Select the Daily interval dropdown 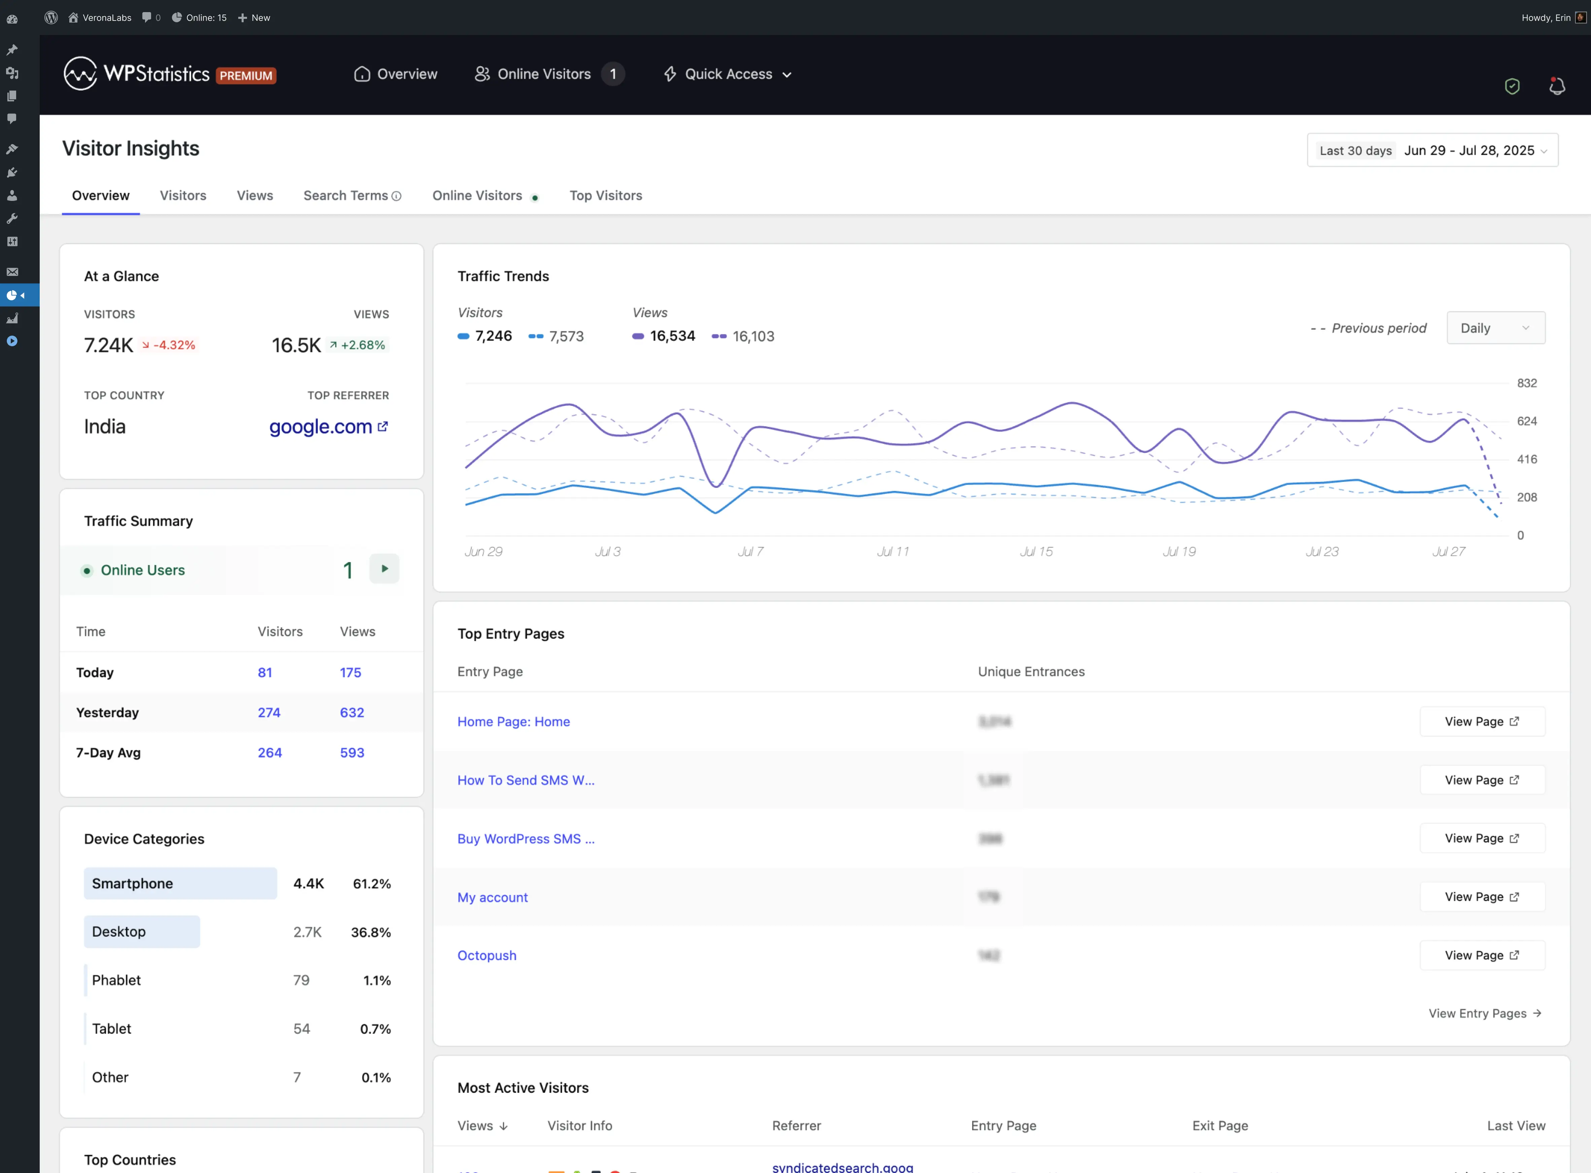click(x=1495, y=328)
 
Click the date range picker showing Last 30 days click(x=1432, y=150)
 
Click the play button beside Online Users click(x=384, y=569)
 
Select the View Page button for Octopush click(x=1482, y=955)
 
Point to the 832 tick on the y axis click(x=1526, y=383)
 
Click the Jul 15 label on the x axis click(x=1036, y=552)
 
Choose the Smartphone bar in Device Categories click(x=180, y=883)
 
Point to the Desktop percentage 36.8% click(x=370, y=932)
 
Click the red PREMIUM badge click(x=246, y=75)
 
